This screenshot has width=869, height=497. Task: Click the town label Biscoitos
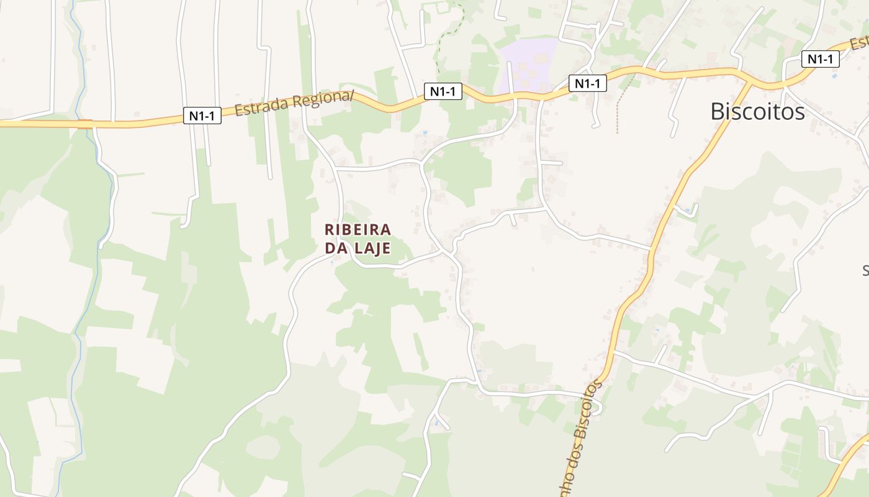(x=757, y=112)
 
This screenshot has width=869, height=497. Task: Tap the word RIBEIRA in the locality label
(x=358, y=229)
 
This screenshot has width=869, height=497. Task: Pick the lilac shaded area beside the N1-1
(x=528, y=62)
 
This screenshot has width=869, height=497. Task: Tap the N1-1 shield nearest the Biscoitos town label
(x=820, y=59)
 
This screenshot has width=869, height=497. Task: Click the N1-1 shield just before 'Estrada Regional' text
(x=202, y=115)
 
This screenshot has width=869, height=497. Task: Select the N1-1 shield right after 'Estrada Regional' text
(x=443, y=91)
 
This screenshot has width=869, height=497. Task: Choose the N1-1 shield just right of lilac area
(x=587, y=83)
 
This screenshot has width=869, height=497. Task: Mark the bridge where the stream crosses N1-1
(x=85, y=124)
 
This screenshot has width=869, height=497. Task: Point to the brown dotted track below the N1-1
(x=618, y=106)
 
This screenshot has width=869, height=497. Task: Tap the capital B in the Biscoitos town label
(x=717, y=112)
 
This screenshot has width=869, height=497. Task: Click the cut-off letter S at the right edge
(x=865, y=270)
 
